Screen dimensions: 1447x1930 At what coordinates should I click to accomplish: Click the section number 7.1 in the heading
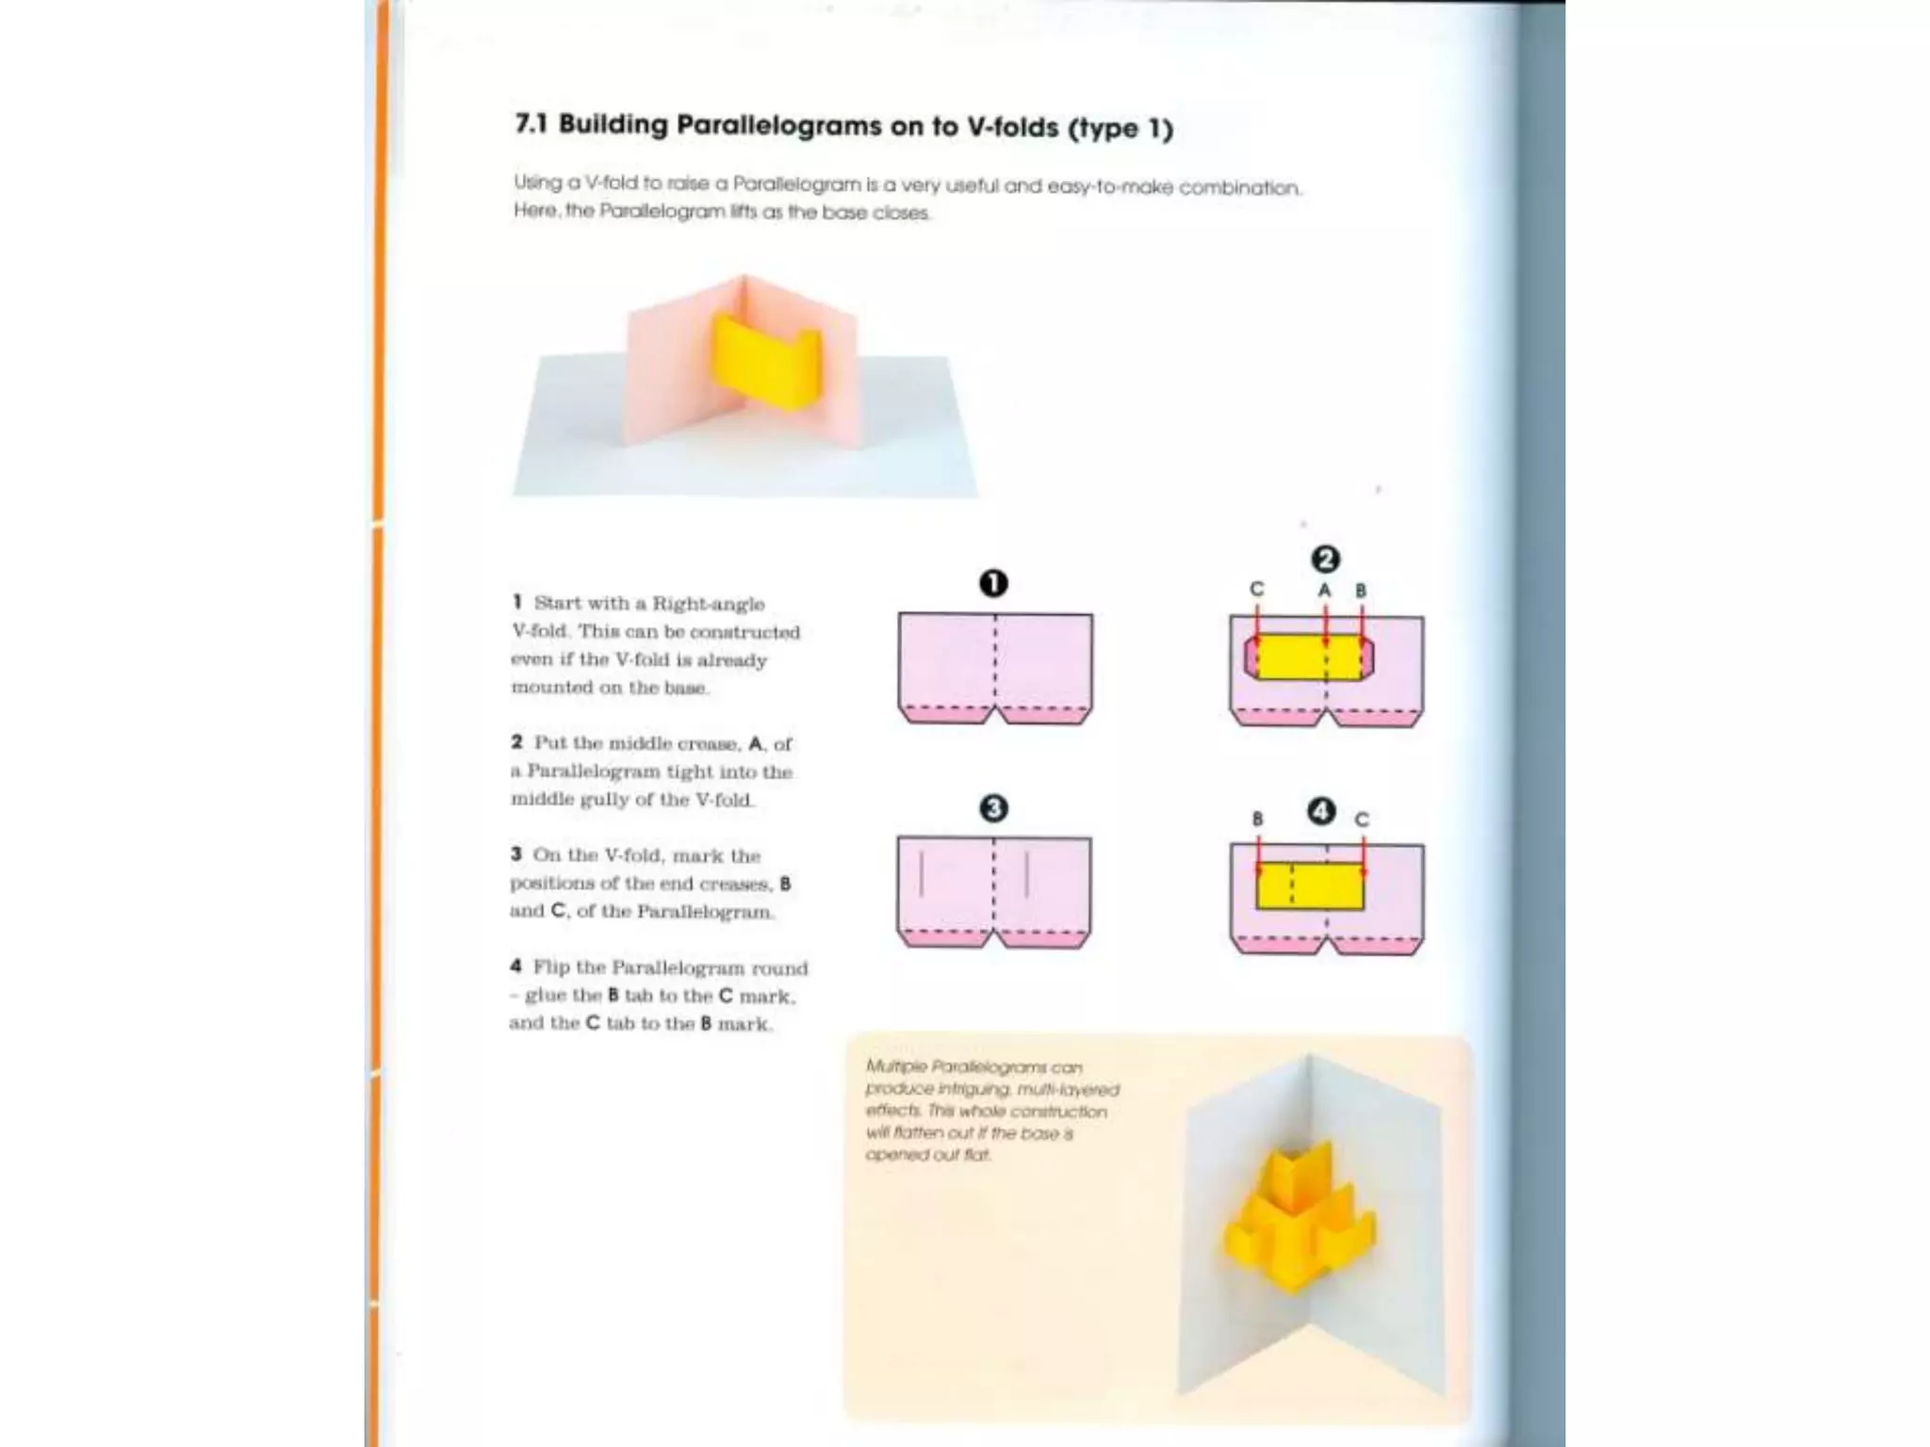tap(532, 123)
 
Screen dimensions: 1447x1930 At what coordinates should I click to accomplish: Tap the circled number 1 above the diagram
tap(993, 583)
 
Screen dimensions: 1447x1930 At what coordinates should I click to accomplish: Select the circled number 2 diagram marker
tap(1325, 560)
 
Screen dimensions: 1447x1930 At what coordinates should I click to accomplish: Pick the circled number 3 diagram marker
tap(993, 808)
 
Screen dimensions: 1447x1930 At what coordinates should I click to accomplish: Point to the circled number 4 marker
tap(1321, 811)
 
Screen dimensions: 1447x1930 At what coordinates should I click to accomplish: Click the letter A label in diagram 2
tap(1324, 591)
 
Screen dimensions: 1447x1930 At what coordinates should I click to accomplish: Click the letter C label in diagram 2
tap(1256, 589)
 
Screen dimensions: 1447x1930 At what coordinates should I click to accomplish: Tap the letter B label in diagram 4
tap(1257, 820)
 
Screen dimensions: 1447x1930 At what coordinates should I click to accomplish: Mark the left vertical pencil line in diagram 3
tap(921, 874)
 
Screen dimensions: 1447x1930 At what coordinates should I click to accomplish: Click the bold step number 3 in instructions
tap(515, 854)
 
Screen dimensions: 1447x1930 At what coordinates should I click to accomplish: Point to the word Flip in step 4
tap(551, 967)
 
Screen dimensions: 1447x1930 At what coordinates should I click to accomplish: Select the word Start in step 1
tap(555, 603)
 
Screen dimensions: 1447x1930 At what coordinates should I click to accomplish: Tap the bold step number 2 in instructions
tap(516, 742)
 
